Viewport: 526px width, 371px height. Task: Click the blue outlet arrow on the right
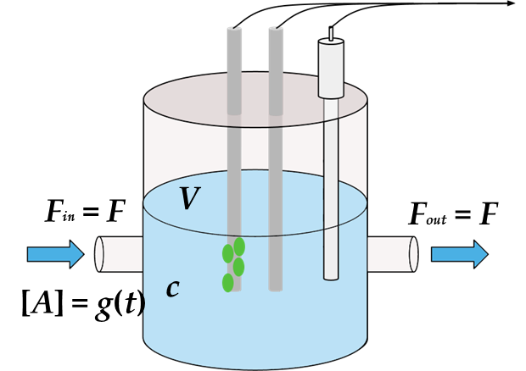pos(459,253)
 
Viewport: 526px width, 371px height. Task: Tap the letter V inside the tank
pos(191,199)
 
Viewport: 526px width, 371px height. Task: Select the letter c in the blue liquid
pos(172,288)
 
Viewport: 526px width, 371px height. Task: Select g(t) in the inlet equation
pos(109,303)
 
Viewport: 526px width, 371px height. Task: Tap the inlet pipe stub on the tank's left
pos(117,253)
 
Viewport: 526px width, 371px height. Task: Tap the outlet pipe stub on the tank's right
pos(393,253)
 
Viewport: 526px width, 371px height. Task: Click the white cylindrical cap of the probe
pos(331,68)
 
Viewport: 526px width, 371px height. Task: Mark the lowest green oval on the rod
pos(227,283)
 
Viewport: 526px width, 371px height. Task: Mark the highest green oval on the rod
pos(239,246)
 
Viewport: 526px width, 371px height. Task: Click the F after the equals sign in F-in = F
pos(115,212)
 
